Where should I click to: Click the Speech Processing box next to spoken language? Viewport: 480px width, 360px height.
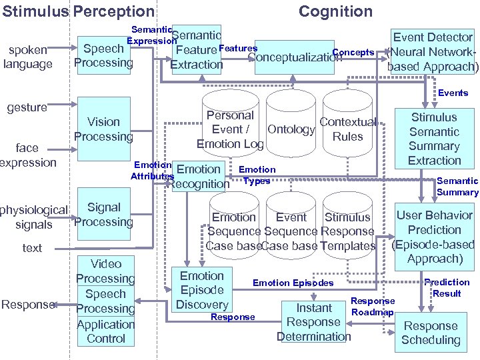(103, 55)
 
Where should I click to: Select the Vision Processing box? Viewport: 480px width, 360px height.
(103, 129)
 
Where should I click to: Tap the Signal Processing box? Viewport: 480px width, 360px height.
(103, 215)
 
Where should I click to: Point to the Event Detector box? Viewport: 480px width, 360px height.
(433, 52)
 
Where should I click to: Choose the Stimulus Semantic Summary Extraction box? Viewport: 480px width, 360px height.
(434, 139)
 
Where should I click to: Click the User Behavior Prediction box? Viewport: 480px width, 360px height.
(434, 237)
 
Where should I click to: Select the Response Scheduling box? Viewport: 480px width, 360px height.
(431, 333)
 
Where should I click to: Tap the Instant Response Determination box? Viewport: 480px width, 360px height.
(313, 322)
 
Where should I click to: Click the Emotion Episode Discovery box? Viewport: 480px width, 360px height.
(202, 290)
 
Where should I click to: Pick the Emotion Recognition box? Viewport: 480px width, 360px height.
(199, 177)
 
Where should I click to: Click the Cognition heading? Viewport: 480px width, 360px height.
(335, 11)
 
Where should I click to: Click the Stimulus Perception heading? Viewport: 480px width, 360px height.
(77, 11)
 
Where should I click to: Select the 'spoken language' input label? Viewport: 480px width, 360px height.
(27, 57)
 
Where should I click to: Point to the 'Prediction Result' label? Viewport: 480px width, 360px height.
(447, 288)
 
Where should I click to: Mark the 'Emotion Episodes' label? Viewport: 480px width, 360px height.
(293, 283)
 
